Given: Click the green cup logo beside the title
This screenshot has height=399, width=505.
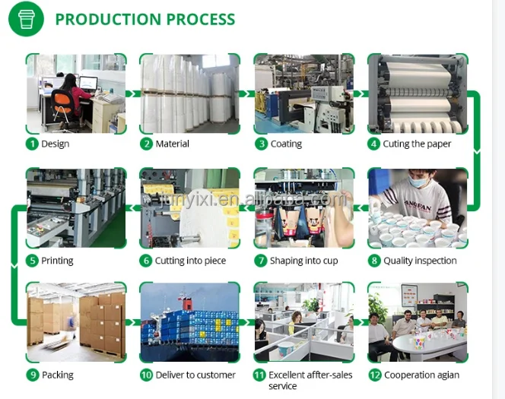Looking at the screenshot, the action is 27,19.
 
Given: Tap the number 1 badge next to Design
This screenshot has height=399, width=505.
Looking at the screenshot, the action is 32,144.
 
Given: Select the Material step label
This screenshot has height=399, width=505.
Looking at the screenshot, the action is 172,144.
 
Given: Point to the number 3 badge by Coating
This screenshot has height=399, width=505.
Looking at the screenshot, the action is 261,144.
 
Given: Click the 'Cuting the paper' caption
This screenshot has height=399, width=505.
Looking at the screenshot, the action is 417,144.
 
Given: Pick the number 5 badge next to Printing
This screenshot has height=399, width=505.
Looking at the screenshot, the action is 32,261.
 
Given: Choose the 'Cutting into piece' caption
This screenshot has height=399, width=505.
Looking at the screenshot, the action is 190,261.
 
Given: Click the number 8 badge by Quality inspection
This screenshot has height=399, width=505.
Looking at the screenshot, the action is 374,261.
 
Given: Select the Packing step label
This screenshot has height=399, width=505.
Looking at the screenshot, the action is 58,375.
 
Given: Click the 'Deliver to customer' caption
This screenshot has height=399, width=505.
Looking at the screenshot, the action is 195,375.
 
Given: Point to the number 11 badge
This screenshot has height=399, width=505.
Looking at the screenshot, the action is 259,375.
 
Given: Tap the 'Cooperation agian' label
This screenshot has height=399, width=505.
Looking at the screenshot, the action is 421,375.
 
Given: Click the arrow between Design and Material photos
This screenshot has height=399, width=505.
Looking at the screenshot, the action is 132,93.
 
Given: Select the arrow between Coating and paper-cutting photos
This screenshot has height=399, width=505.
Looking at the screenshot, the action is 360,93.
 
